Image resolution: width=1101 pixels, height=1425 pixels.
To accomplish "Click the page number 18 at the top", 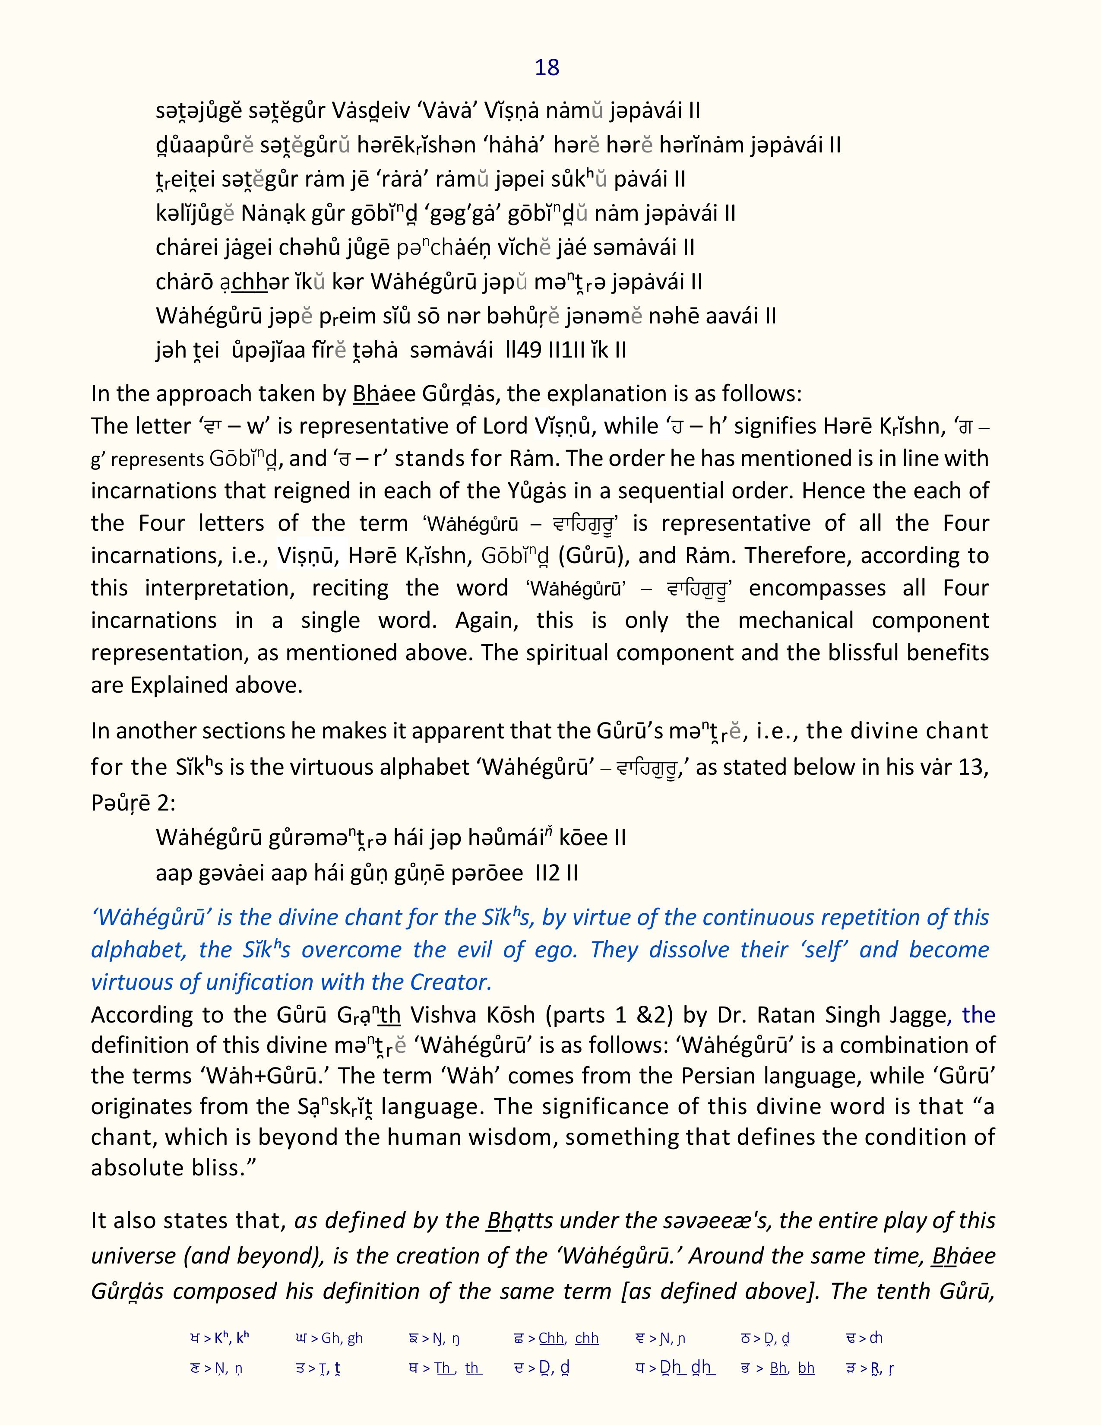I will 547,68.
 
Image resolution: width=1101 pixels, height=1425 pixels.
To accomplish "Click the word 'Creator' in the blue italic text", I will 450,982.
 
